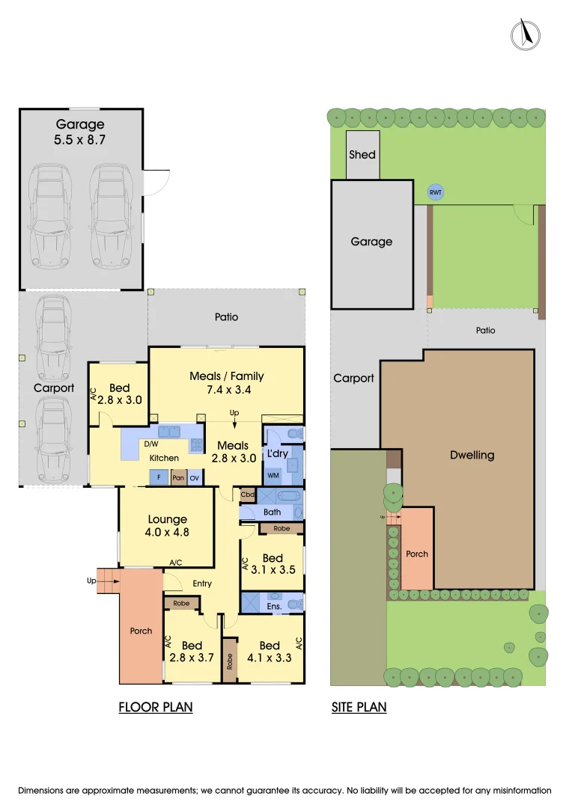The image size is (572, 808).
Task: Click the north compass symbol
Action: pos(526,34)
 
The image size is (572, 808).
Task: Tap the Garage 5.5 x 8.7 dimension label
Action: pos(80,132)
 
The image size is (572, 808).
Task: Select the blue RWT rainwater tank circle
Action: pos(436,192)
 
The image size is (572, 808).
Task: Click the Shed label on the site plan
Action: pos(362,155)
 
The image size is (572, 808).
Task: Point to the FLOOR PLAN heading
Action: pos(156,707)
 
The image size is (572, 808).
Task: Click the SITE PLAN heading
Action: pos(359,707)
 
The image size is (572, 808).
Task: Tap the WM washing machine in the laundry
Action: pos(273,475)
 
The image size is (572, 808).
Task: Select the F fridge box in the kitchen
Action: pos(159,477)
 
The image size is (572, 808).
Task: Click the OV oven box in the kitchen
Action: pos(195,477)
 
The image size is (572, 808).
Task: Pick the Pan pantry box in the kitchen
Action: pos(178,477)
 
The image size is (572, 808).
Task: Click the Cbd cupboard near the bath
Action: pos(246,495)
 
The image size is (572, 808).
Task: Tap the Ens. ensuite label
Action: pos(274,606)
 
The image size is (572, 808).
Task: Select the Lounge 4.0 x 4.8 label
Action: pos(168,526)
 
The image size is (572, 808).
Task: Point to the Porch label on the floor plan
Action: pos(141,631)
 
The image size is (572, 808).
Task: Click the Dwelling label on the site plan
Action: pos(472,455)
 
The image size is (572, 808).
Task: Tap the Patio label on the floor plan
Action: pos(226,317)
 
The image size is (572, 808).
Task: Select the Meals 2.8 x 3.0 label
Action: pos(233,452)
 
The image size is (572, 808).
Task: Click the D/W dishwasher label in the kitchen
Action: pos(150,444)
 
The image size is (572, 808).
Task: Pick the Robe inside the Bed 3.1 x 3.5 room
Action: pos(282,528)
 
